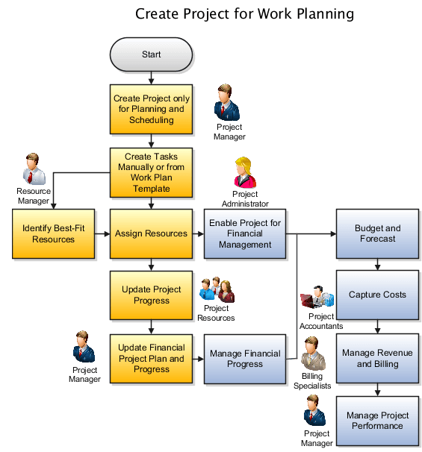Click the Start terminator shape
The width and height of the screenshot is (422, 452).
151,54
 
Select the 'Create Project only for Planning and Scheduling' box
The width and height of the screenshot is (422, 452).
151,109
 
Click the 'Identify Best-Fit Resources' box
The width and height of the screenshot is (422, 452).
53,233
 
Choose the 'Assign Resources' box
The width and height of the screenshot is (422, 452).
151,233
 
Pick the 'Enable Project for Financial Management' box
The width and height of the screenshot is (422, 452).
245,233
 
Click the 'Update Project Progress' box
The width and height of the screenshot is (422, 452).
151,295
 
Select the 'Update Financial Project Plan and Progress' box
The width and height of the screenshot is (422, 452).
151,359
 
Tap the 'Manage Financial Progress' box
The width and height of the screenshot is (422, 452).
245,359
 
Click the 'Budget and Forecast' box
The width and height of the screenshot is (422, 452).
377,233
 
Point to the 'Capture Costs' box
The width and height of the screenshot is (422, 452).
377,295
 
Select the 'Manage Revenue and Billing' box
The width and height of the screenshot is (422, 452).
377,359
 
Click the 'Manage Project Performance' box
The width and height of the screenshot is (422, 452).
377,421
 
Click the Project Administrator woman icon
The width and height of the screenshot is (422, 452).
244,173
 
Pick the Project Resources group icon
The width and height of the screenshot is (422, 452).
217,289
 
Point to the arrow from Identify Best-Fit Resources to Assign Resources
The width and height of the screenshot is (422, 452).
102,233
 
